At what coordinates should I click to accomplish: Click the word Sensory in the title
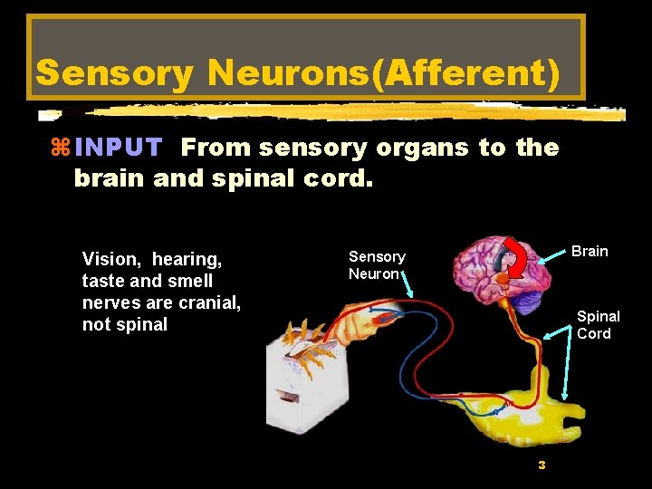coord(114,73)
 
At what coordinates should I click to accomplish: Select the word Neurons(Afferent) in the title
coord(384,73)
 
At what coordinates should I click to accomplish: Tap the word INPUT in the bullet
coord(119,148)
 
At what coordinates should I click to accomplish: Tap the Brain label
coord(590,251)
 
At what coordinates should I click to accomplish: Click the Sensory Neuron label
coord(377,265)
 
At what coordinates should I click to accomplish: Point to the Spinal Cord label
coord(598,325)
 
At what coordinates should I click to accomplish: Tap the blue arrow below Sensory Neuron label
coord(407,287)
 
